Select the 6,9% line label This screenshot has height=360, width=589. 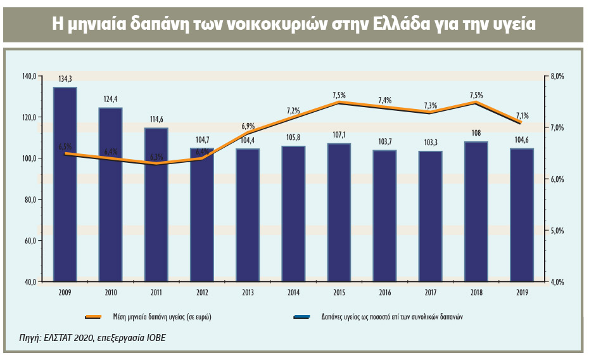[248, 126]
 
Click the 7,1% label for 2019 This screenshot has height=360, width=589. [522, 115]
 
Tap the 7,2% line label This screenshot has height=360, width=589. [293, 110]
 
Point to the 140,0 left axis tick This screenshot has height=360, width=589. [28, 76]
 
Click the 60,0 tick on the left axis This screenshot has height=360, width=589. [30, 241]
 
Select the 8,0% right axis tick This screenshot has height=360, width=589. [557, 76]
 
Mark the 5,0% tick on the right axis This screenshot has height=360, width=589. [557, 231]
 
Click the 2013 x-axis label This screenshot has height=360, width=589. [247, 292]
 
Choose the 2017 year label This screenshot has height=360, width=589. [430, 292]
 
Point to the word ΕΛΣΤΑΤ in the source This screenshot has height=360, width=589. [53, 338]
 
